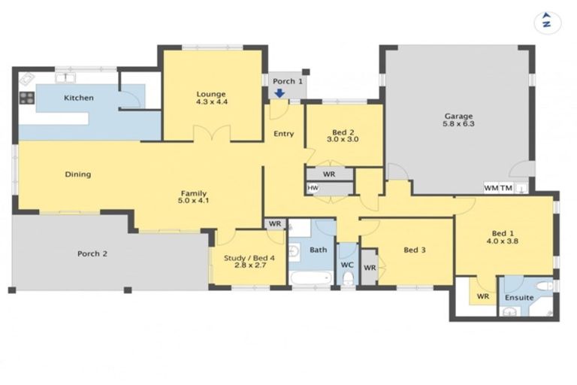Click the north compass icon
[x=547, y=21]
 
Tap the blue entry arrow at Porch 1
[x=279, y=93]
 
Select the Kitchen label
[x=78, y=98]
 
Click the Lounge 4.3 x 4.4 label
[x=212, y=96]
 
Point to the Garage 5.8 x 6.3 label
[x=458, y=120]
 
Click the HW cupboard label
[x=313, y=188]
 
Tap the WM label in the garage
[x=491, y=188]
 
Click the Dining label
[x=77, y=174]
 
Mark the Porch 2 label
[x=92, y=253]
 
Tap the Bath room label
[x=319, y=250]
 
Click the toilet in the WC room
[x=347, y=279]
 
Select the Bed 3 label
[x=415, y=250]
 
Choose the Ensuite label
[x=519, y=298]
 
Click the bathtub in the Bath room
[x=311, y=279]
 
